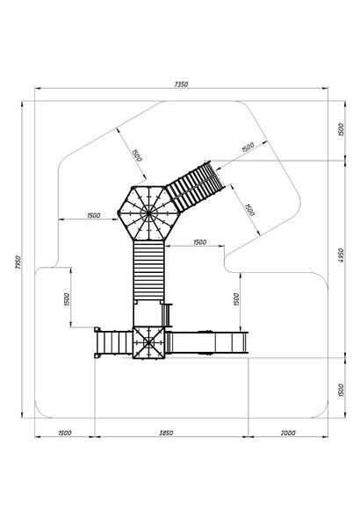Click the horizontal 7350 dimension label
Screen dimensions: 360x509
point(181,84)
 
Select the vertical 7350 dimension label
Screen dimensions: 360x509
point(18,262)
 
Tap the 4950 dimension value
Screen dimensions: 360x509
point(341,255)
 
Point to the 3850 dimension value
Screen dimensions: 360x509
point(166,433)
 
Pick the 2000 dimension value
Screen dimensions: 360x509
point(288,433)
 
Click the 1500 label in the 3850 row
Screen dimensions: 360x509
point(65,433)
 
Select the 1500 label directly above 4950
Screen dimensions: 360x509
point(341,130)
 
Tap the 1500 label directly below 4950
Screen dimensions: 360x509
point(341,390)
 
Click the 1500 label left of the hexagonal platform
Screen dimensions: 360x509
point(94,215)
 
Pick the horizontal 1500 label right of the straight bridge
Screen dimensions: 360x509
point(200,242)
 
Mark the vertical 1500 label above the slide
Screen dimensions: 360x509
point(236,299)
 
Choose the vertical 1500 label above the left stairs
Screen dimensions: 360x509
point(67,299)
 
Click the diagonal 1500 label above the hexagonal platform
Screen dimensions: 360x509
point(137,155)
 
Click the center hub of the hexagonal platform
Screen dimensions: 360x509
point(148,213)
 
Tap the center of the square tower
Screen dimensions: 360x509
point(148,342)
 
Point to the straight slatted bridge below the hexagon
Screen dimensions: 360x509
point(148,270)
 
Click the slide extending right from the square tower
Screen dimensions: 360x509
point(207,342)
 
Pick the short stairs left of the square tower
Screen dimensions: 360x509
point(114,342)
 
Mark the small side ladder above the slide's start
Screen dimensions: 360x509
point(167,315)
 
